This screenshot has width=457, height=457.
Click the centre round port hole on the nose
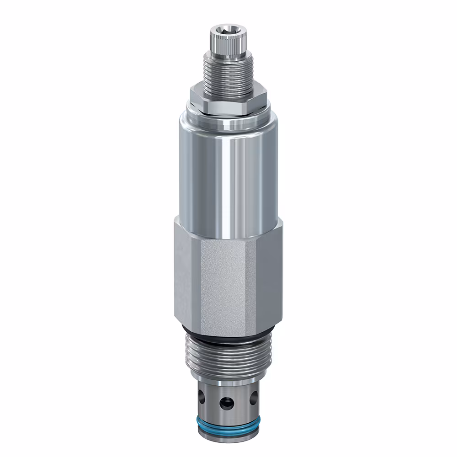225,403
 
